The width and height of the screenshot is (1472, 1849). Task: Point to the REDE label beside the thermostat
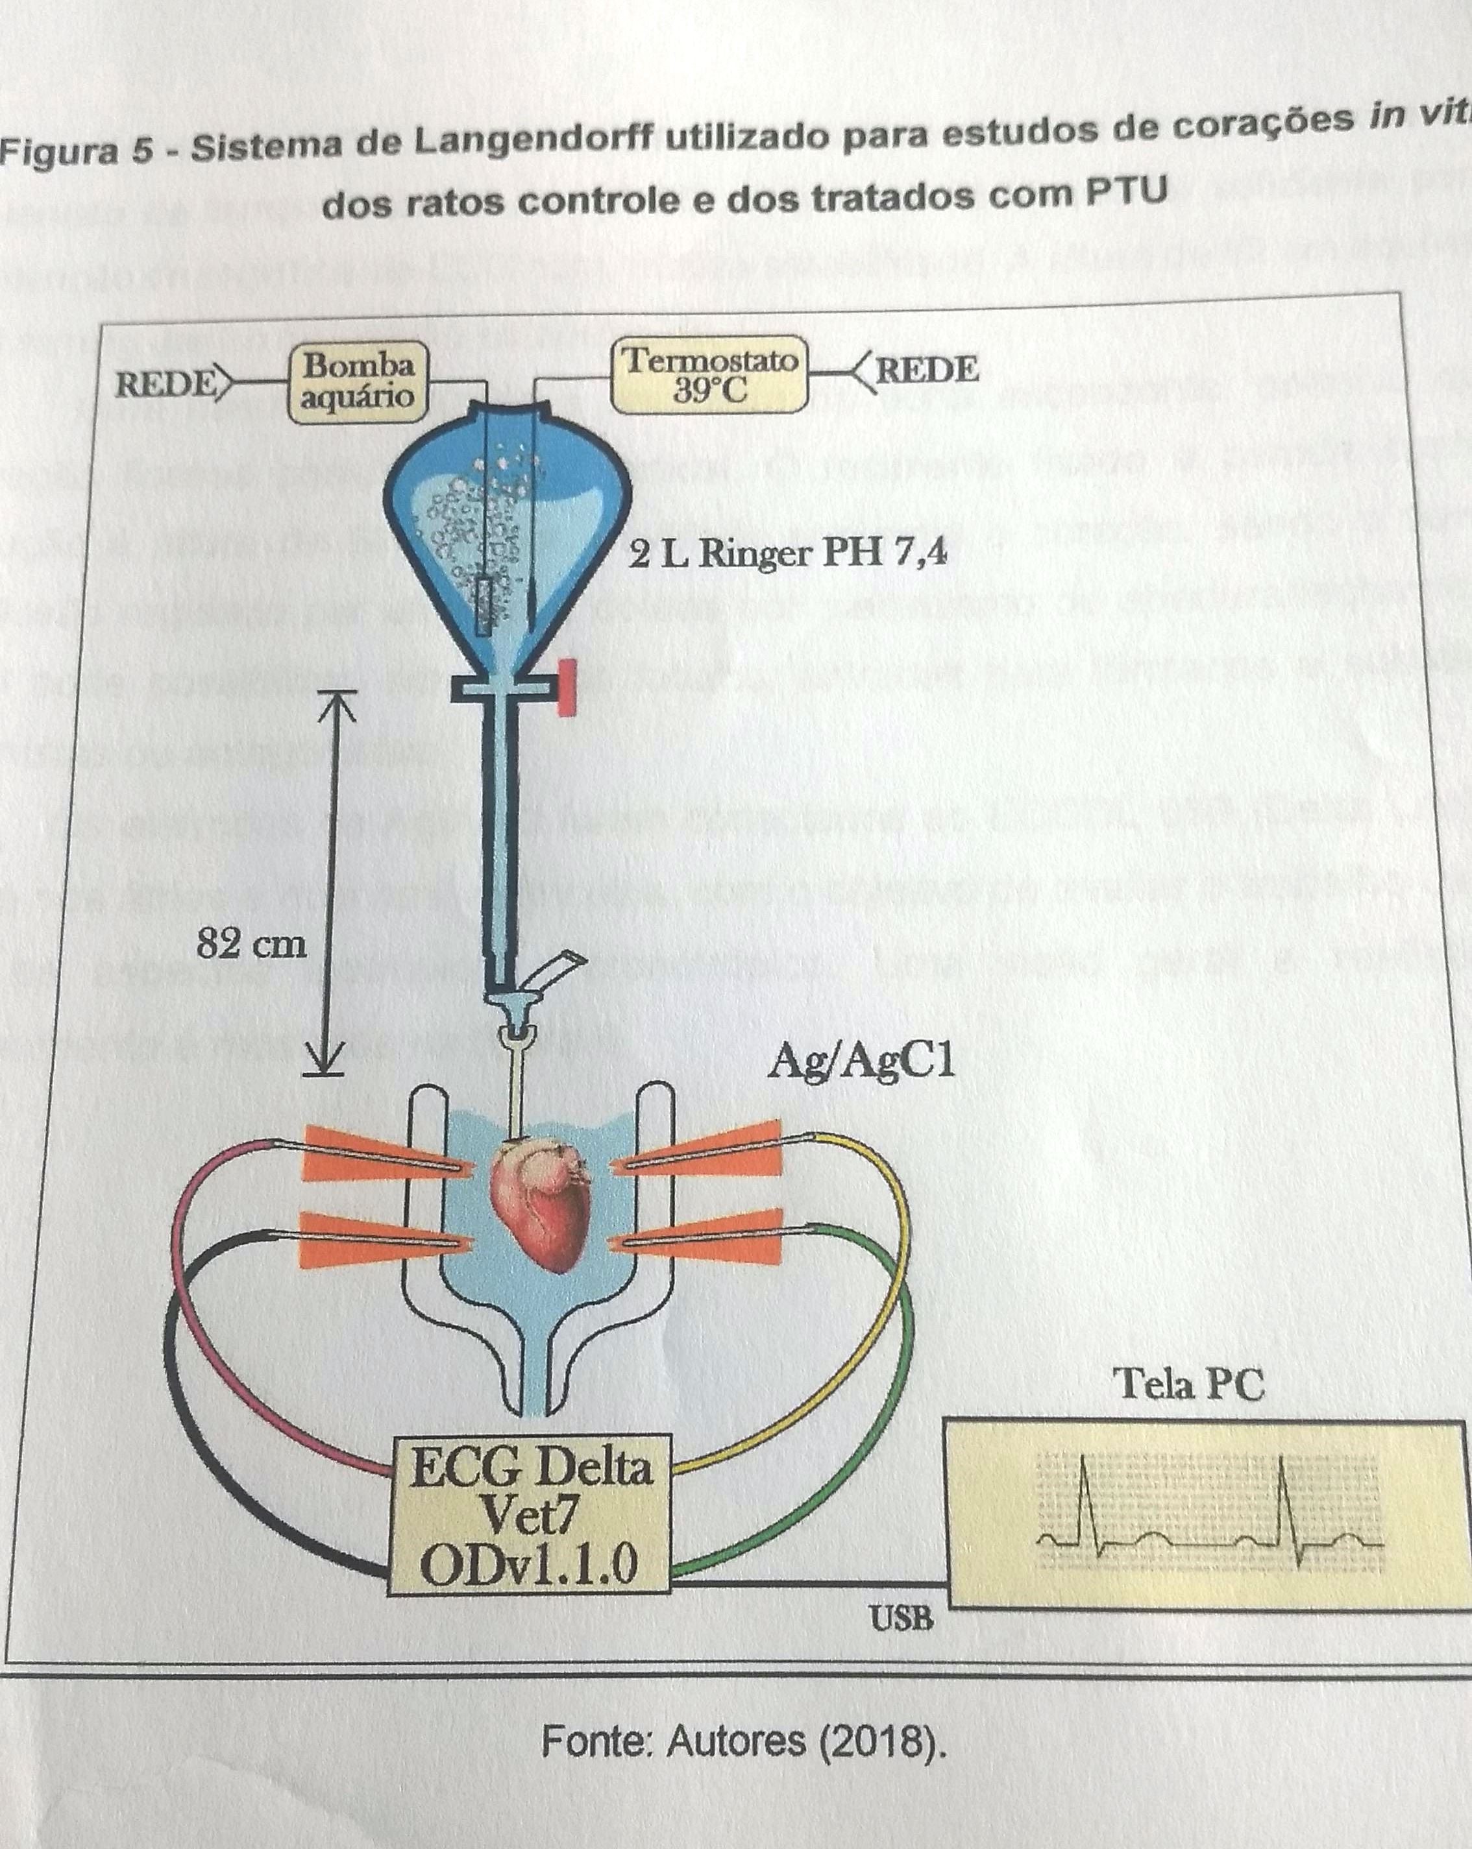pyautogui.click(x=926, y=370)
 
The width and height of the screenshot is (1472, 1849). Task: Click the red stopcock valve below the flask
pyautogui.click(x=565, y=687)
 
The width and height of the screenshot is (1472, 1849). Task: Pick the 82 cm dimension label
pyautogui.click(x=251, y=944)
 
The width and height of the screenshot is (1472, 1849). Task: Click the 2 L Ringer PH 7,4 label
pyautogui.click(x=787, y=554)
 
